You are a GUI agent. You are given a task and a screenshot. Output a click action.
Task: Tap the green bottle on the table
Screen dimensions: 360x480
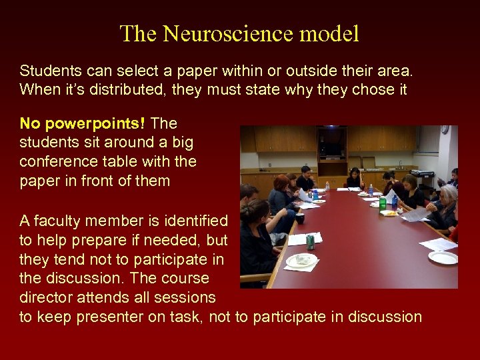tap(383, 203)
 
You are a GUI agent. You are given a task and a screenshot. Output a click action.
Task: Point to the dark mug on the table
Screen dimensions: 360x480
tap(300, 218)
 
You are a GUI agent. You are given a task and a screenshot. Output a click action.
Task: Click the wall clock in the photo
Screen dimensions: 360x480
tap(444, 130)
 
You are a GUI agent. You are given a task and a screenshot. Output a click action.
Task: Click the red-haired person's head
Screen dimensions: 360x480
tap(279, 182)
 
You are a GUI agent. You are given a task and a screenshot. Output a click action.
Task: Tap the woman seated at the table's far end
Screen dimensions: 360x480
tap(353, 177)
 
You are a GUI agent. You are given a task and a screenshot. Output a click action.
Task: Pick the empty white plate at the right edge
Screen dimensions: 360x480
tap(443, 257)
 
